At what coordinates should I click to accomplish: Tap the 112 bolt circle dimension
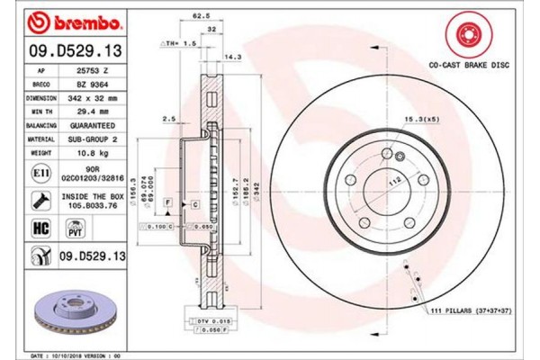click(392, 178)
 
